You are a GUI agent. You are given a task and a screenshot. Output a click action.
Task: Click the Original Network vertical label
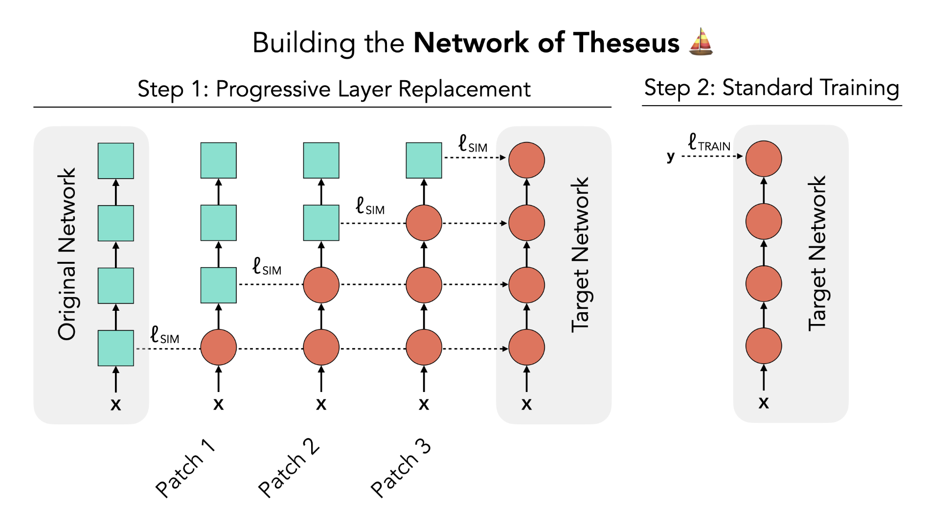[67, 254]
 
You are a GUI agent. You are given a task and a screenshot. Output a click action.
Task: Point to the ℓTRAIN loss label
[709, 143]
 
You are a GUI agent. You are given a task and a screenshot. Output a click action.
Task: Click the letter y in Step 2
[671, 156]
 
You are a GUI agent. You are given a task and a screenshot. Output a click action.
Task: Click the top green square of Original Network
[115, 161]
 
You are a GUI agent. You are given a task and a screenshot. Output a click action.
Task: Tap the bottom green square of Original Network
[115, 348]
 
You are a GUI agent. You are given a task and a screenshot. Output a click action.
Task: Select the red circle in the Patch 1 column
[218, 347]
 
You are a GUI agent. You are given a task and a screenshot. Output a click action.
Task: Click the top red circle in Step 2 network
[763, 159]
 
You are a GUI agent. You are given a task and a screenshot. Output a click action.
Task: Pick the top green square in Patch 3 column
[424, 161]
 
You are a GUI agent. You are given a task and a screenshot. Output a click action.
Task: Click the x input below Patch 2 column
[321, 404]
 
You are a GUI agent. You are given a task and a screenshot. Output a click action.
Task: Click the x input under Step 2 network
[763, 403]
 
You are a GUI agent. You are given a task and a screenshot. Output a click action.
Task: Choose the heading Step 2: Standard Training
[771, 88]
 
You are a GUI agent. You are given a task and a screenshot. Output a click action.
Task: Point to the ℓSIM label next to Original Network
[164, 335]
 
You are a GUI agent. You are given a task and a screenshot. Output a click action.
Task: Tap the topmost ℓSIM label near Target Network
[473, 144]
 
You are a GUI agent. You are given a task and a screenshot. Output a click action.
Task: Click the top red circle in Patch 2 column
[321, 285]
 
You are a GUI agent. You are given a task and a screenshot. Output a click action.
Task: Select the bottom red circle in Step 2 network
[763, 346]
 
